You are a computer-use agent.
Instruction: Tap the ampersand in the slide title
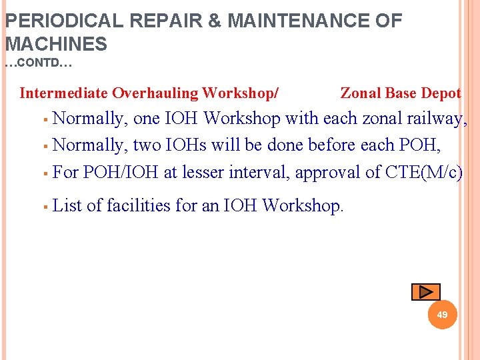(x=215, y=21)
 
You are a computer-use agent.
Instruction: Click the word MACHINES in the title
(x=56, y=45)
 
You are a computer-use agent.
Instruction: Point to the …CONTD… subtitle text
(x=38, y=65)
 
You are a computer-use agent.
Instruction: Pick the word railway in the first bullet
(x=437, y=119)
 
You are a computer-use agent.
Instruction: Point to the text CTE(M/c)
(x=424, y=172)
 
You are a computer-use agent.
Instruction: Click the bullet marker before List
(x=43, y=206)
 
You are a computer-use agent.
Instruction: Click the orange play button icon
(x=425, y=291)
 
